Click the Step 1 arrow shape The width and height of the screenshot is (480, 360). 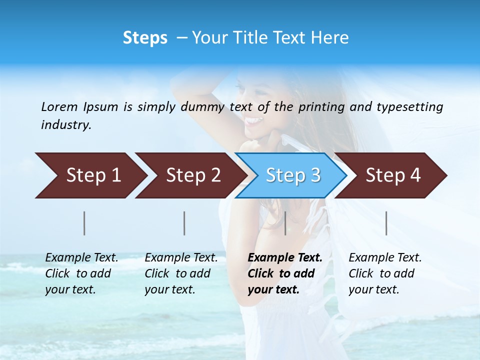click(90, 175)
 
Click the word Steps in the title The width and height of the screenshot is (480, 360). click(145, 38)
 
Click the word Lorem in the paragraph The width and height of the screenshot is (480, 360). click(59, 106)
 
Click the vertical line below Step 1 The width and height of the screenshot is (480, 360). click(84, 223)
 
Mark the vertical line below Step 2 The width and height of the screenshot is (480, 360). click(184, 223)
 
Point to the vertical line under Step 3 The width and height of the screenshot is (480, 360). click(285, 223)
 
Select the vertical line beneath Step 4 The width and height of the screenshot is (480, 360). click(386, 223)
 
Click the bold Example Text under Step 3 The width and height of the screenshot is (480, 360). click(285, 258)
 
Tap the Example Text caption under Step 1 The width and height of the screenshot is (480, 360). click(81, 258)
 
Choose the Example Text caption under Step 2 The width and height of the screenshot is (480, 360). click(181, 258)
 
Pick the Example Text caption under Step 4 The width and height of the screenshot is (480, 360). click(385, 258)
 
